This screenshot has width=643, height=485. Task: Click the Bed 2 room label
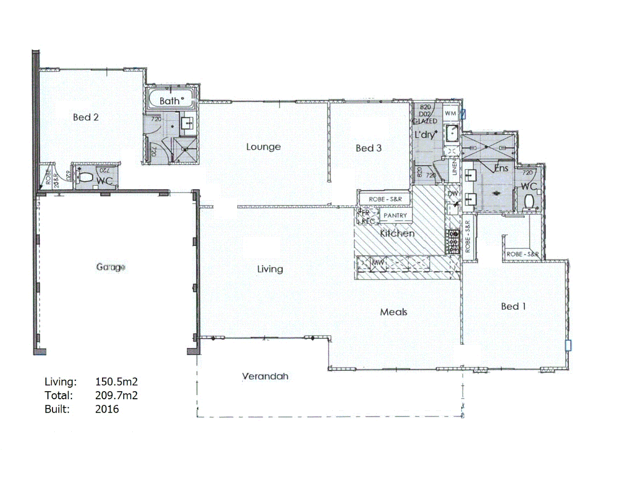coord(86,117)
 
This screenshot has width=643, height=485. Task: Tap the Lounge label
coord(263,147)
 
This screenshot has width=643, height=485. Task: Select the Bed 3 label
coord(369,148)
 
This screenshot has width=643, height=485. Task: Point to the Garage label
coord(110,267)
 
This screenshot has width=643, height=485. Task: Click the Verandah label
coord(265,376)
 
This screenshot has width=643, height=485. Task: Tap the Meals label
coord(394,312)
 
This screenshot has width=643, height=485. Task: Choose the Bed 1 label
coord(513,306)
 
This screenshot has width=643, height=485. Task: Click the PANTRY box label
coord(395,216)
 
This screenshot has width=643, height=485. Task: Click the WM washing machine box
coord(450,114)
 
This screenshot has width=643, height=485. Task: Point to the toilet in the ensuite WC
coord(529,202)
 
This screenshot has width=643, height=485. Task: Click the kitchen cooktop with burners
coord(453,242)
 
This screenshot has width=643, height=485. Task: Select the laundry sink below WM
coord(452,133)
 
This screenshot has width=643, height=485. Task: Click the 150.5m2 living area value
coord(116,382)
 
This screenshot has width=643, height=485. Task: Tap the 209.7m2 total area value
coord(116,396)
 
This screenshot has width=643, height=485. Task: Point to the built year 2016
coord(107,409)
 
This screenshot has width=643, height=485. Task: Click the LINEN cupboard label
coord(454,169)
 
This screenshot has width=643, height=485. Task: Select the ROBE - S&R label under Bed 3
coord(385,199)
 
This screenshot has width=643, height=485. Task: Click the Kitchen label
coord(397,233)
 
